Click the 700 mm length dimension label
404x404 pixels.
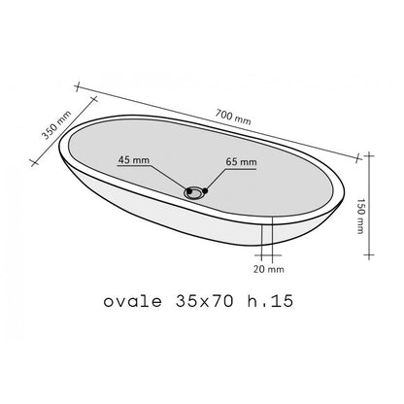233,118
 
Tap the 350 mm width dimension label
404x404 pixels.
56,125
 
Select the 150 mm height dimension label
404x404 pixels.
360,216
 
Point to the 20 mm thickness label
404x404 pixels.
269,269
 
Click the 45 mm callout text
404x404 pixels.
134,160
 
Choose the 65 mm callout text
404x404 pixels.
241,162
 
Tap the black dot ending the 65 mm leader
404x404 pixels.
205,190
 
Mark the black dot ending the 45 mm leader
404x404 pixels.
189,191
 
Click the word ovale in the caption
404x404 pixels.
133,302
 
